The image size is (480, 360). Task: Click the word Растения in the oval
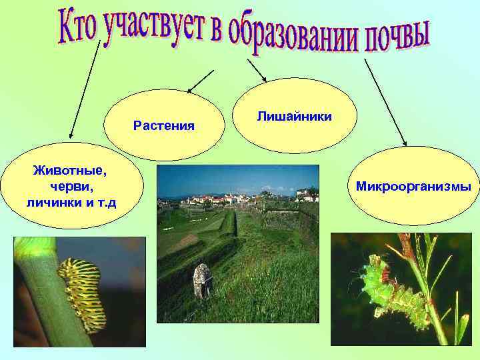(164, 125)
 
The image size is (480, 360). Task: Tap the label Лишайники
(294, 117)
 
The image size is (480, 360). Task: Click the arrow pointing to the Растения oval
(201, 81)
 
